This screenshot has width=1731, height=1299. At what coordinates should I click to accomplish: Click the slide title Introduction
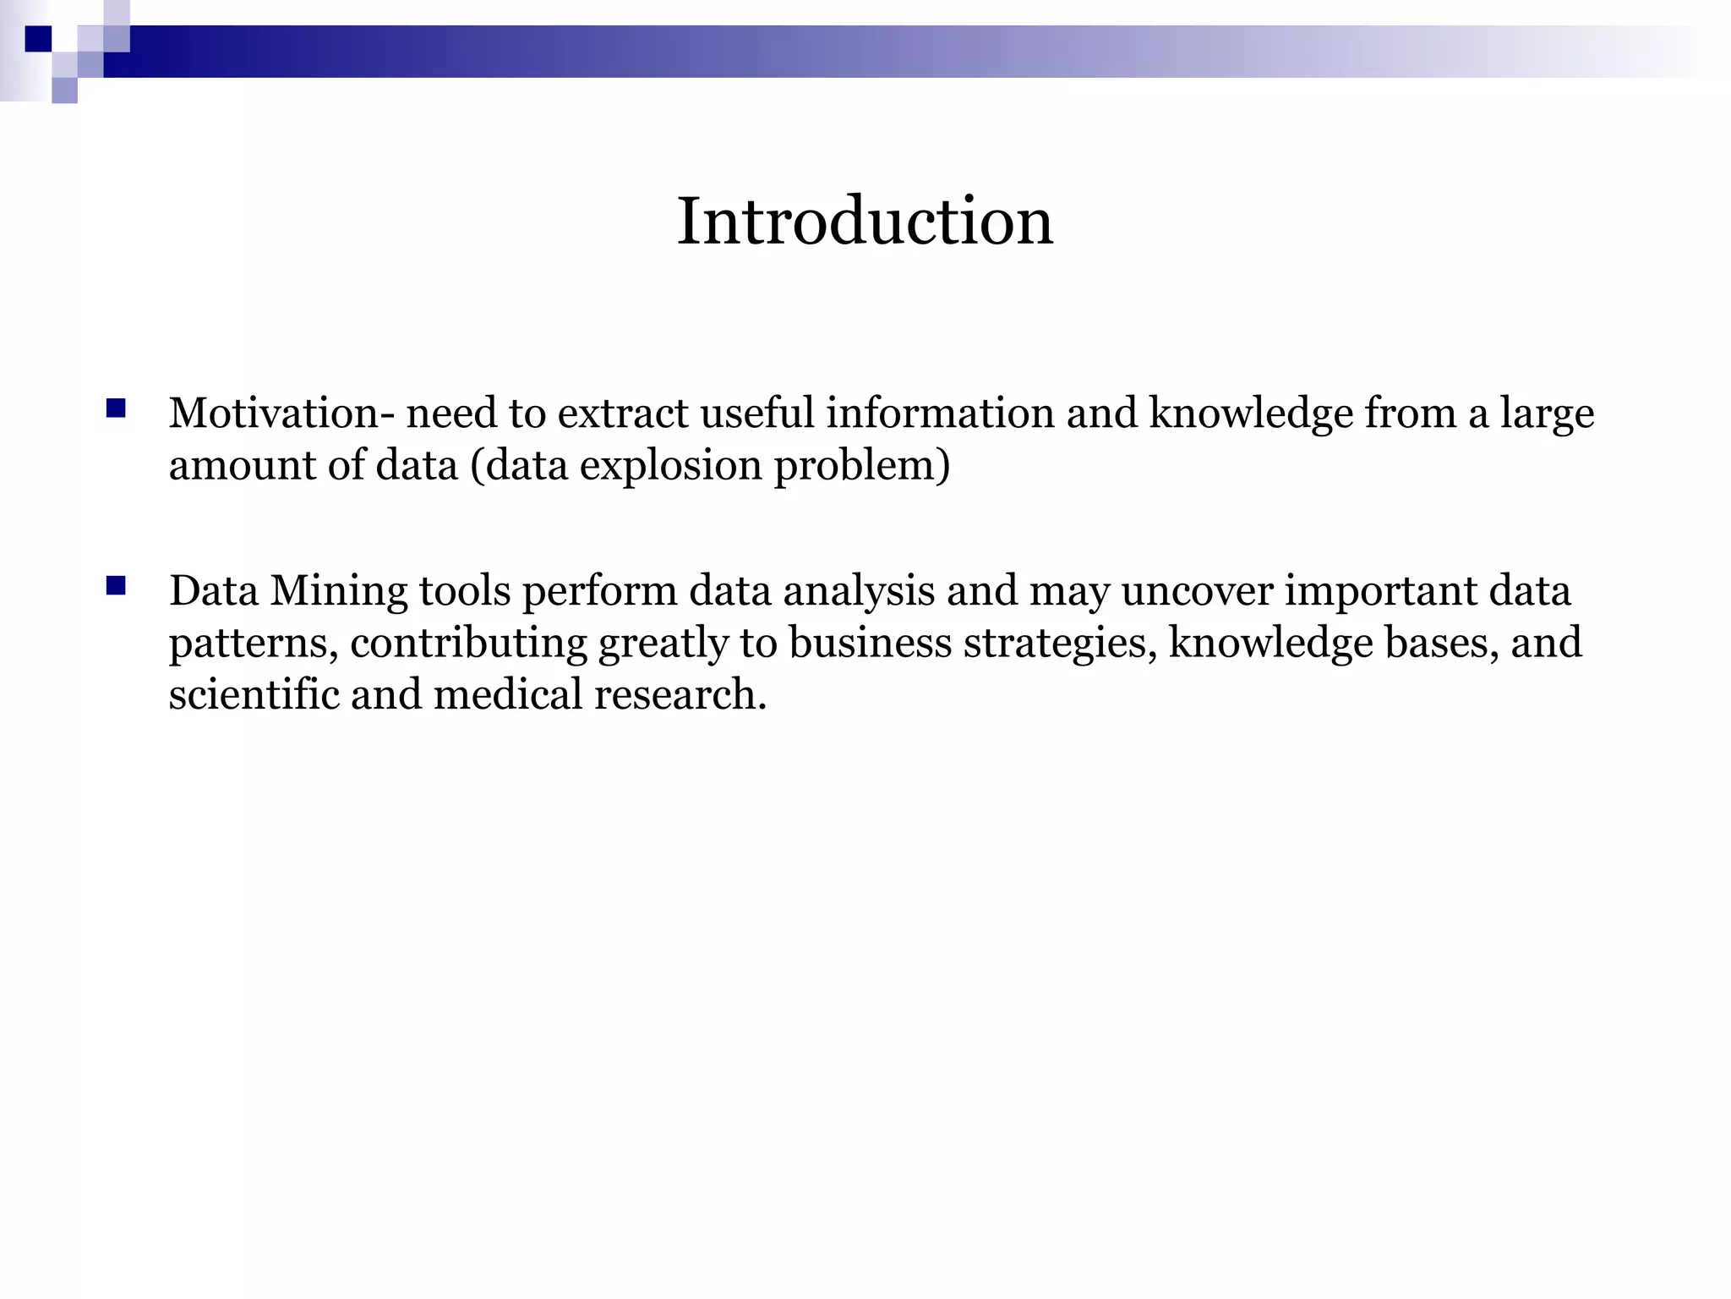coord(865,221)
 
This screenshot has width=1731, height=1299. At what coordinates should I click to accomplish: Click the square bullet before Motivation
coord(117,409)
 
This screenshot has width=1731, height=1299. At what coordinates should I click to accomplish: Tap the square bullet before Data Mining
coord(117,586)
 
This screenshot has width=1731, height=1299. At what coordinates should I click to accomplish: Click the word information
coord(940,414)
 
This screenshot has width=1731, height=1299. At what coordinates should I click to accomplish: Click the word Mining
coord(339,590)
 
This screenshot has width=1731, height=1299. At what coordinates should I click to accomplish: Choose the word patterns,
coord(254,643)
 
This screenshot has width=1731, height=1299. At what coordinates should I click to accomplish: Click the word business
coord(871,643)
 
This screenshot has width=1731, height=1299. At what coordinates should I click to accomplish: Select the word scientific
coord(254,694)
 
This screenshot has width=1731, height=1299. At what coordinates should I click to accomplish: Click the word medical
coord(508,694)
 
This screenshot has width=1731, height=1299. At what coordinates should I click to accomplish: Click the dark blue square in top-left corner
coord(38,39)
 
